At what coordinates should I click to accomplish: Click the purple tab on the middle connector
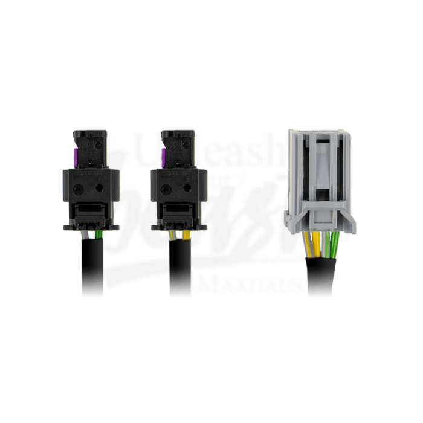163,158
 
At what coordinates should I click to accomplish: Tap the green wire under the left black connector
98,234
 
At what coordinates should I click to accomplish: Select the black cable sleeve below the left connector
92,269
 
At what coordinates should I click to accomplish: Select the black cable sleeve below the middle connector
179,269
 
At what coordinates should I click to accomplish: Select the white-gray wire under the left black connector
86,234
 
